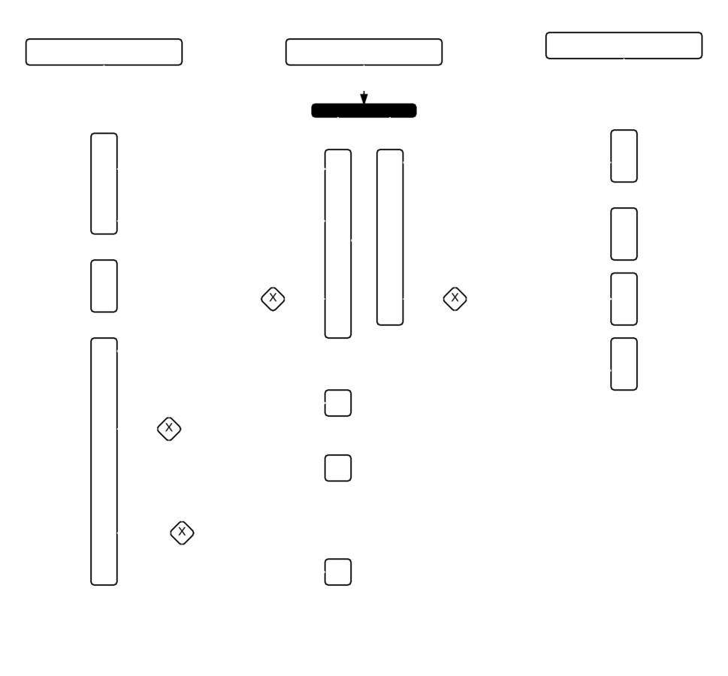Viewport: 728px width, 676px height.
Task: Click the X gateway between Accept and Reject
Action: coord(169,429)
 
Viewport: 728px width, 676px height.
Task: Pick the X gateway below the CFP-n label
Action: coord(182,533)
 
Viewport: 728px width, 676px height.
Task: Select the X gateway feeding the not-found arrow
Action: coord(455,298)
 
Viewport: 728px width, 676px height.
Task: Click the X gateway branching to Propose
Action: coord(273,298)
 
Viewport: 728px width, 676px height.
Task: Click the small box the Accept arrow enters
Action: coord(337,403)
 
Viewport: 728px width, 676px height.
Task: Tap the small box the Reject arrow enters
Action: coord(337,467)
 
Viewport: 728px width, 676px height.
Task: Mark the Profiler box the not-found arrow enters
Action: coord(624,364)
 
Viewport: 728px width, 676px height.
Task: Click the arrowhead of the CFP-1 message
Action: coord(320,221)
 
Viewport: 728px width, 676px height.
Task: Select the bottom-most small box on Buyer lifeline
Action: coord(337,572)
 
